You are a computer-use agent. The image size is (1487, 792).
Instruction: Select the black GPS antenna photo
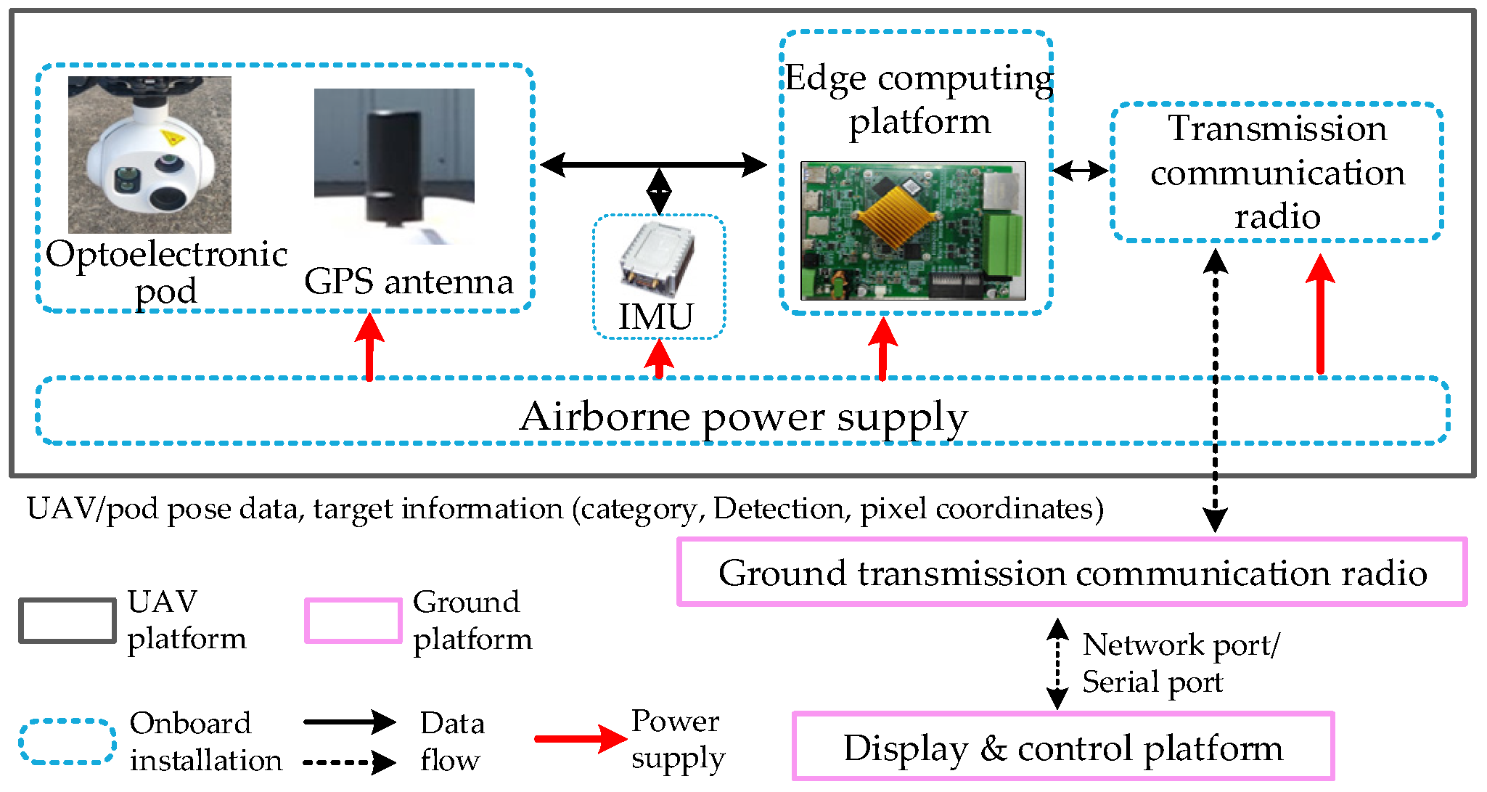pyautogui.click(x=394, y=166)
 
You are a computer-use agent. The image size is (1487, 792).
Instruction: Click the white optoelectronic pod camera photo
pyautogui.click(x=149, y=155)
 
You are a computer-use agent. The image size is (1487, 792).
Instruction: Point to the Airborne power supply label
pyautogui.click(x=744, y=417)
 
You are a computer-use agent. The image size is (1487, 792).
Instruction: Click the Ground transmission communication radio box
pyautogui.click(x=1072, y=572)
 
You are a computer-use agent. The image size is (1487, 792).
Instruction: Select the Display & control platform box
pyautogui.click(x=1063, y=747)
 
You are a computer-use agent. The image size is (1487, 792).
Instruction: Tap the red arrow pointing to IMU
pyautogui.click(x=659, y=359)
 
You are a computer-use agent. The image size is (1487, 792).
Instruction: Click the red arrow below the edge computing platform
pyautogui.click(x=882, y=349)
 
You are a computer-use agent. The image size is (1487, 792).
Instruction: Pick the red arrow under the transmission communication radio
pyautogui.click(x=1320, y=314)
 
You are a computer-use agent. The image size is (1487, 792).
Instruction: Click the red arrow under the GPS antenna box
pyautogui.click(x=369, y=346)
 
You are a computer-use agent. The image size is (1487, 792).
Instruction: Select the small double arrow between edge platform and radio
pyautogui.click(x=1081, y=171)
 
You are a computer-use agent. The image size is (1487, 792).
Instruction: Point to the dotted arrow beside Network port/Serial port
pyautogui.click(x=1057, y=664)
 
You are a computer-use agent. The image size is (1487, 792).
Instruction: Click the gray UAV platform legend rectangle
pyautogui.click(x=67, y=621)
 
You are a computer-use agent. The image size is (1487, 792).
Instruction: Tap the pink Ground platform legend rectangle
pyautogui.click(x=353, y=621)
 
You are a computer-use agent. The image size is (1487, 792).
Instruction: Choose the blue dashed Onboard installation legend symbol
pyautogui.click(x=67, y=741)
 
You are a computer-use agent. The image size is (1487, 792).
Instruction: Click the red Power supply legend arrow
pyautogui.click(x=581, y=739)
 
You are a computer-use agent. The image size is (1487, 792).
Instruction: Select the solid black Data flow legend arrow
pyautogui.click(x=350, y=722)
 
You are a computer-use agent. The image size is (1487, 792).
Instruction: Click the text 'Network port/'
pyautogui.click(x=1181, y=645)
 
